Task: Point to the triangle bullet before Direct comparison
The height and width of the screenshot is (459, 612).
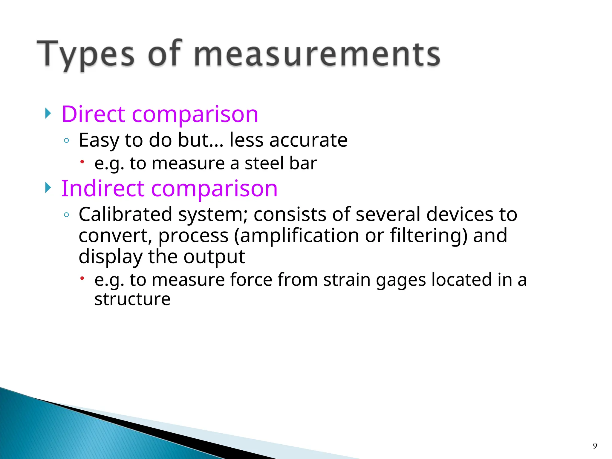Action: [48, 113]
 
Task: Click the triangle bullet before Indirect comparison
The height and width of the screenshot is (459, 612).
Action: [48, 188]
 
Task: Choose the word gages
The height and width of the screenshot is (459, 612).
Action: [401, 280]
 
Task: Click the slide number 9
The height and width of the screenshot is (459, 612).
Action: [595, 446]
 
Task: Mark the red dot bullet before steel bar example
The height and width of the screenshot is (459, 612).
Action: [82, 162]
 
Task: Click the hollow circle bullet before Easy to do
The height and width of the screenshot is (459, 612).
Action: [66, 140]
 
